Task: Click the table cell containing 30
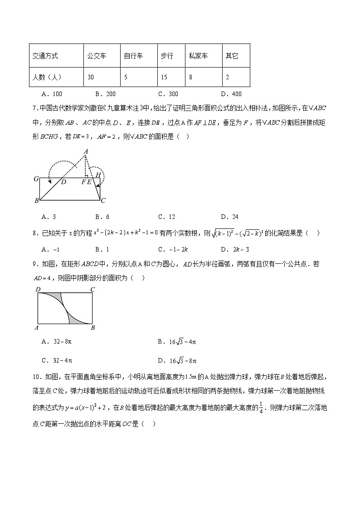coord(91,77)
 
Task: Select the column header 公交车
coord(97,56)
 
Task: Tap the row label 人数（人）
coord(47,77)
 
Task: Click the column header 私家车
coord(198,56)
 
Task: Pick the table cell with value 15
coord(164,77)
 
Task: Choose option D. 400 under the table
coord(231,94)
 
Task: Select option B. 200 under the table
coord(105,94)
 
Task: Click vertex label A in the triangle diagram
coord(85,152)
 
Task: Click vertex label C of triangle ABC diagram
coord(103,200)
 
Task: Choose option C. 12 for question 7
coord(166,217)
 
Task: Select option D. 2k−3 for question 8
coord(234,249)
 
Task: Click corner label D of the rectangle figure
coord(39,289)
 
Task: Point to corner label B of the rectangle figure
coord(92,328)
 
